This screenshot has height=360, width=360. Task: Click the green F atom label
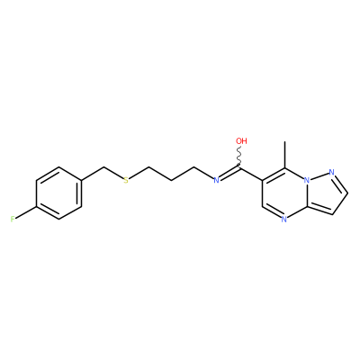tap(13, 219)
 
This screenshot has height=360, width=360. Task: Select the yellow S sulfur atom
tap(126, 180)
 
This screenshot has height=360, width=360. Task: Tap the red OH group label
tap(241, 141)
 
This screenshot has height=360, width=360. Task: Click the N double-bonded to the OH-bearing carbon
tap(216, 180)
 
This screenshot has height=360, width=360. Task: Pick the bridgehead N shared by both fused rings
tap(307, 180)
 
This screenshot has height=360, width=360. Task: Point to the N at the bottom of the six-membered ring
tap(284, 220)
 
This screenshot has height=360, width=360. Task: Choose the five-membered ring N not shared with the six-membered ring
tap(331, 172)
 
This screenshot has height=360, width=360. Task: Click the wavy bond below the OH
tap(240, 157)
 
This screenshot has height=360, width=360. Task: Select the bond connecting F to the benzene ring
tap(26, 212)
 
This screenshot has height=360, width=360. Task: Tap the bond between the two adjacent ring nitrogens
tap(319, 176)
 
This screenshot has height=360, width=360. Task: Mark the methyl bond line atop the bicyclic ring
tap(284, 155)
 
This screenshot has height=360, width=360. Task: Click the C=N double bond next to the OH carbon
tap(229, 174)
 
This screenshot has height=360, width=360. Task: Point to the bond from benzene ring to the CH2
tap(93, 174)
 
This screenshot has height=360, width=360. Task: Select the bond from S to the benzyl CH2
tap(113, 174)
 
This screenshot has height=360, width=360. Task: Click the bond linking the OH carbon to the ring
tap(251, 174)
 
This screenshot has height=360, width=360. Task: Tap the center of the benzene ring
tap(58, 193)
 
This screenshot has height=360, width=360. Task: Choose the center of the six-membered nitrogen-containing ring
tap(284, 193)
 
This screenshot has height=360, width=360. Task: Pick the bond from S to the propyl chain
tap(139, 174)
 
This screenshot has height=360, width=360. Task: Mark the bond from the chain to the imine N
tap(203, 173)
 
